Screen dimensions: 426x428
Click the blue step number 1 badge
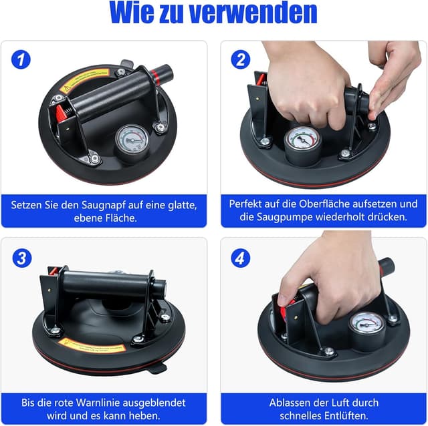pyautogui.click(x=21, y=59)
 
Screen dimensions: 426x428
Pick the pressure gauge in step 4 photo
pyautogui.click(x=366, y=327)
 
